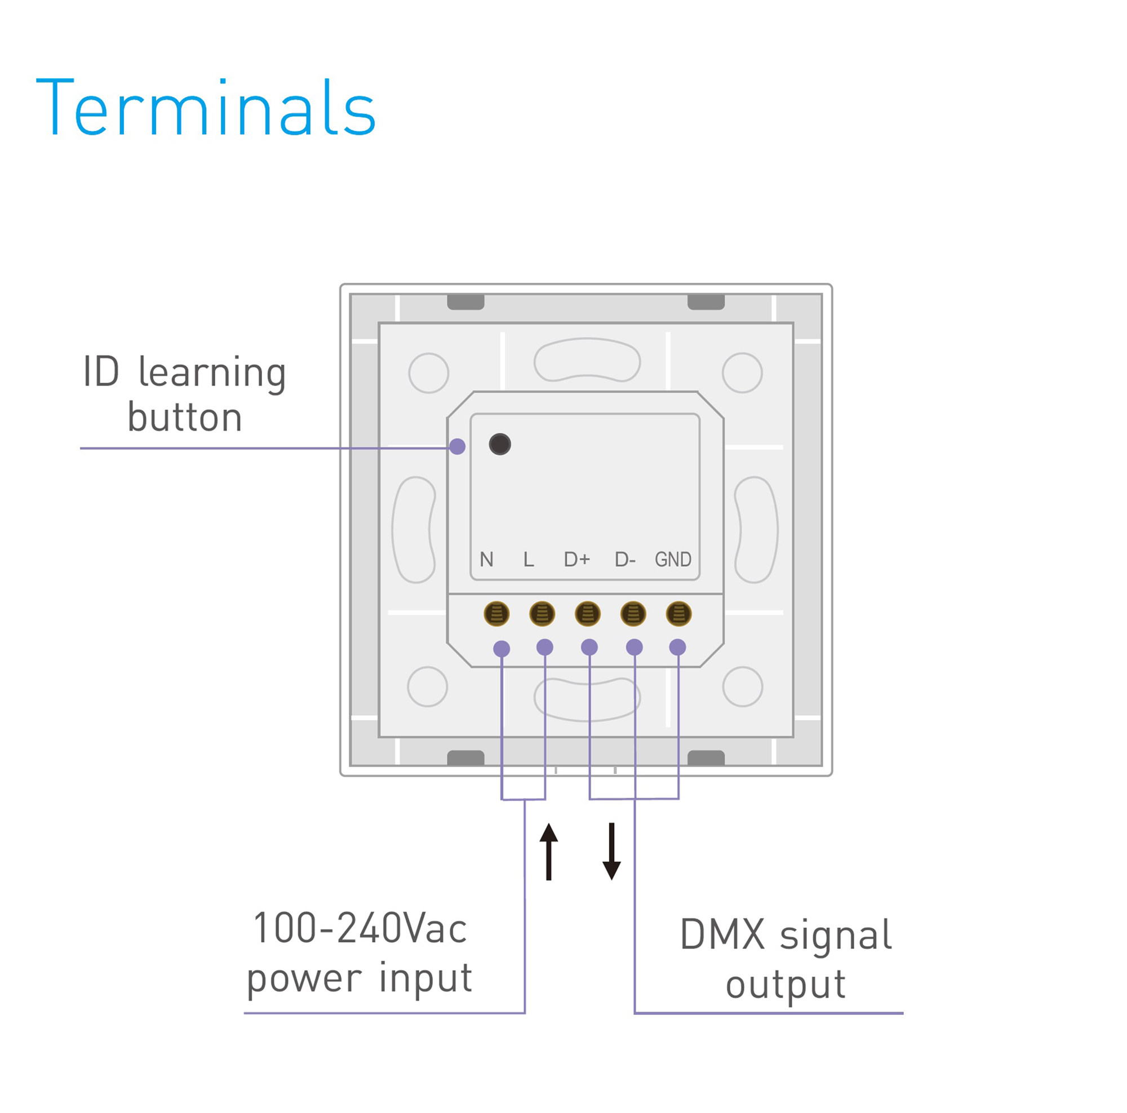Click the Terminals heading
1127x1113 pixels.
click(x=205, y=107)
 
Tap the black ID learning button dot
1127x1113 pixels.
click(x=500, y=445)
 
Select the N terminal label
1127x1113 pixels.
click(x=486, y=560)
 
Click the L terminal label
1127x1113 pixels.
click(x=529, y=560)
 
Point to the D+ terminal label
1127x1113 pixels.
click(x=577, y=560)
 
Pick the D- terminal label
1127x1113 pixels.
click(x=625, y=560)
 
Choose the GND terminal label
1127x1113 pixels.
click(x=673, y=560)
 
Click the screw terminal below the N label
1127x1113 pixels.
click(x=496, y=614)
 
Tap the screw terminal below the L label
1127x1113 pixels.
click(x=542, y=614)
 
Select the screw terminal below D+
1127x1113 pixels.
click(x=587, y=614)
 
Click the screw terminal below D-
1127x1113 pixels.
click(x=633, y=614)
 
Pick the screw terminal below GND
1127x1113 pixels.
click(x=678, y=614)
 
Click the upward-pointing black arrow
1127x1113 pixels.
click(x=548, y=851)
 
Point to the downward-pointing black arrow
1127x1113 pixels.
click(x=611, y=851)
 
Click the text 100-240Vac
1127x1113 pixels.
click(x=360, y=928)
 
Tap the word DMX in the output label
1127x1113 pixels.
click(x=722, y=934)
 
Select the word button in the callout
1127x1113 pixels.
click(x=184, y=418)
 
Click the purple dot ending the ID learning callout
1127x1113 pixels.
click(x=458, y=447)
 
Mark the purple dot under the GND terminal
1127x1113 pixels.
click(x=677, y=647)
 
